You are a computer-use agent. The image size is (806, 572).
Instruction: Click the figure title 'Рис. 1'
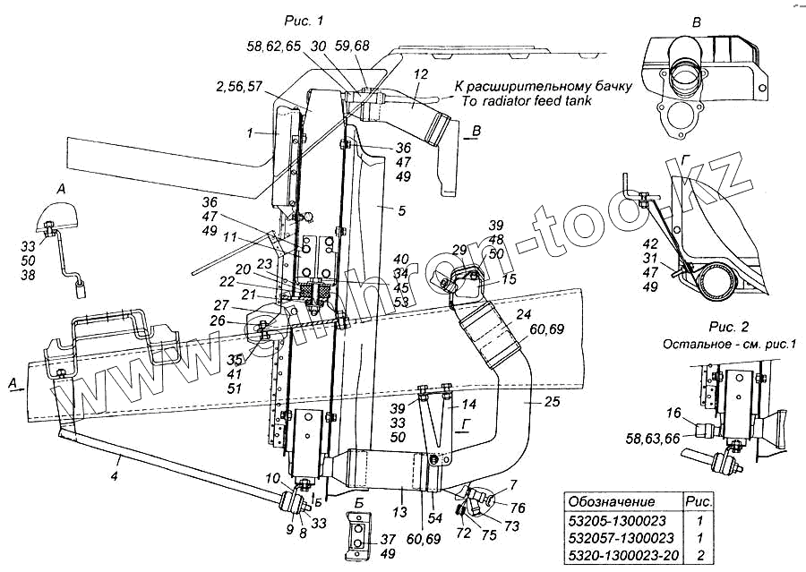pyautogui.click(x=304, y=19)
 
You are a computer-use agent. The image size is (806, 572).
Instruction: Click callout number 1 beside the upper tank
pyautogui.click(x=254, y=132)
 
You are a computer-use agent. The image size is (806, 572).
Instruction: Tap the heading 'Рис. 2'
pyautogui.click(x=686, y=327)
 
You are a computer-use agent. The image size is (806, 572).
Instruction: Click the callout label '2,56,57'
pyautogui.click(x=239, y=87)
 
